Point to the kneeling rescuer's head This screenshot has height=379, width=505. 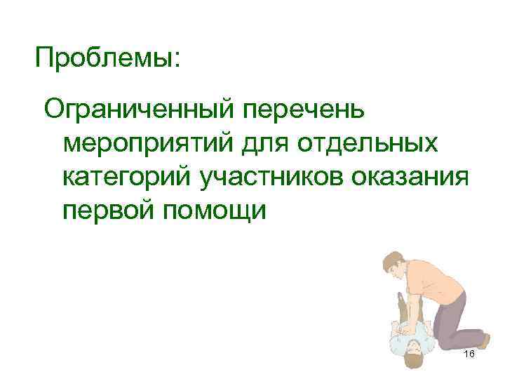396,267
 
